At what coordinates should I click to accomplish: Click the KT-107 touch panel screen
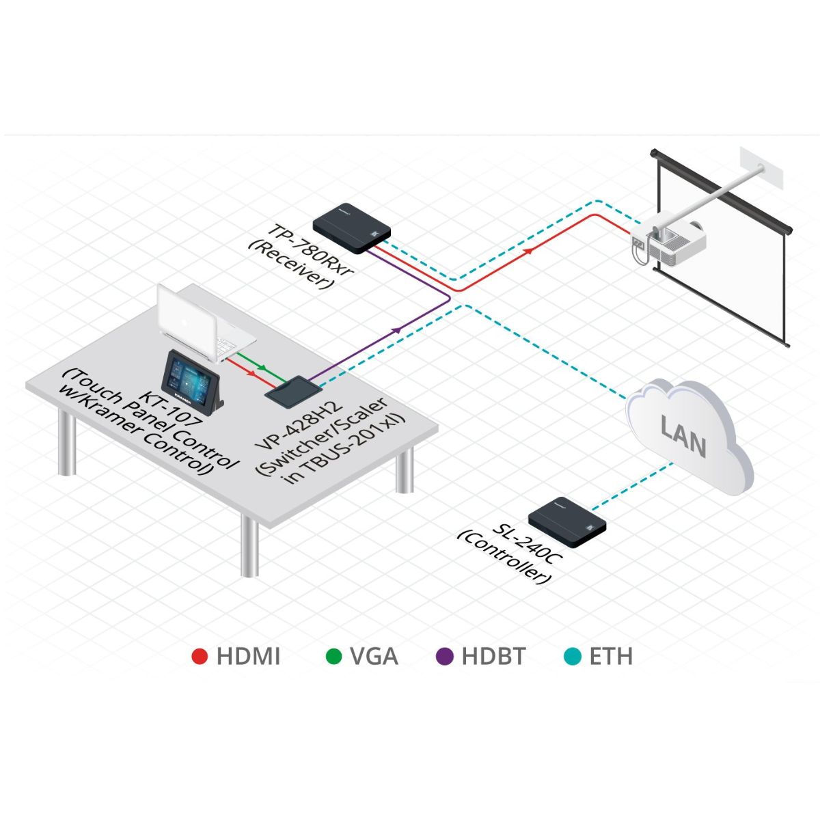coord(185,379)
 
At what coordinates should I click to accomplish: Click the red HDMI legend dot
coord(200,657)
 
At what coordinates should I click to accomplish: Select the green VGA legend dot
coord(333,657)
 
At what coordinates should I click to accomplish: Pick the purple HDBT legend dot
coord(445,657)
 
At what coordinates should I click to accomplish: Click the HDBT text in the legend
coord(493,657)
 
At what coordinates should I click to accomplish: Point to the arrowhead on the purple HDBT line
coord(396,330)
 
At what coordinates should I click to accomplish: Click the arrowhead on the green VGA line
coord(262,368)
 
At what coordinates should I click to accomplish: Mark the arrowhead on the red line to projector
coord(529,251)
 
